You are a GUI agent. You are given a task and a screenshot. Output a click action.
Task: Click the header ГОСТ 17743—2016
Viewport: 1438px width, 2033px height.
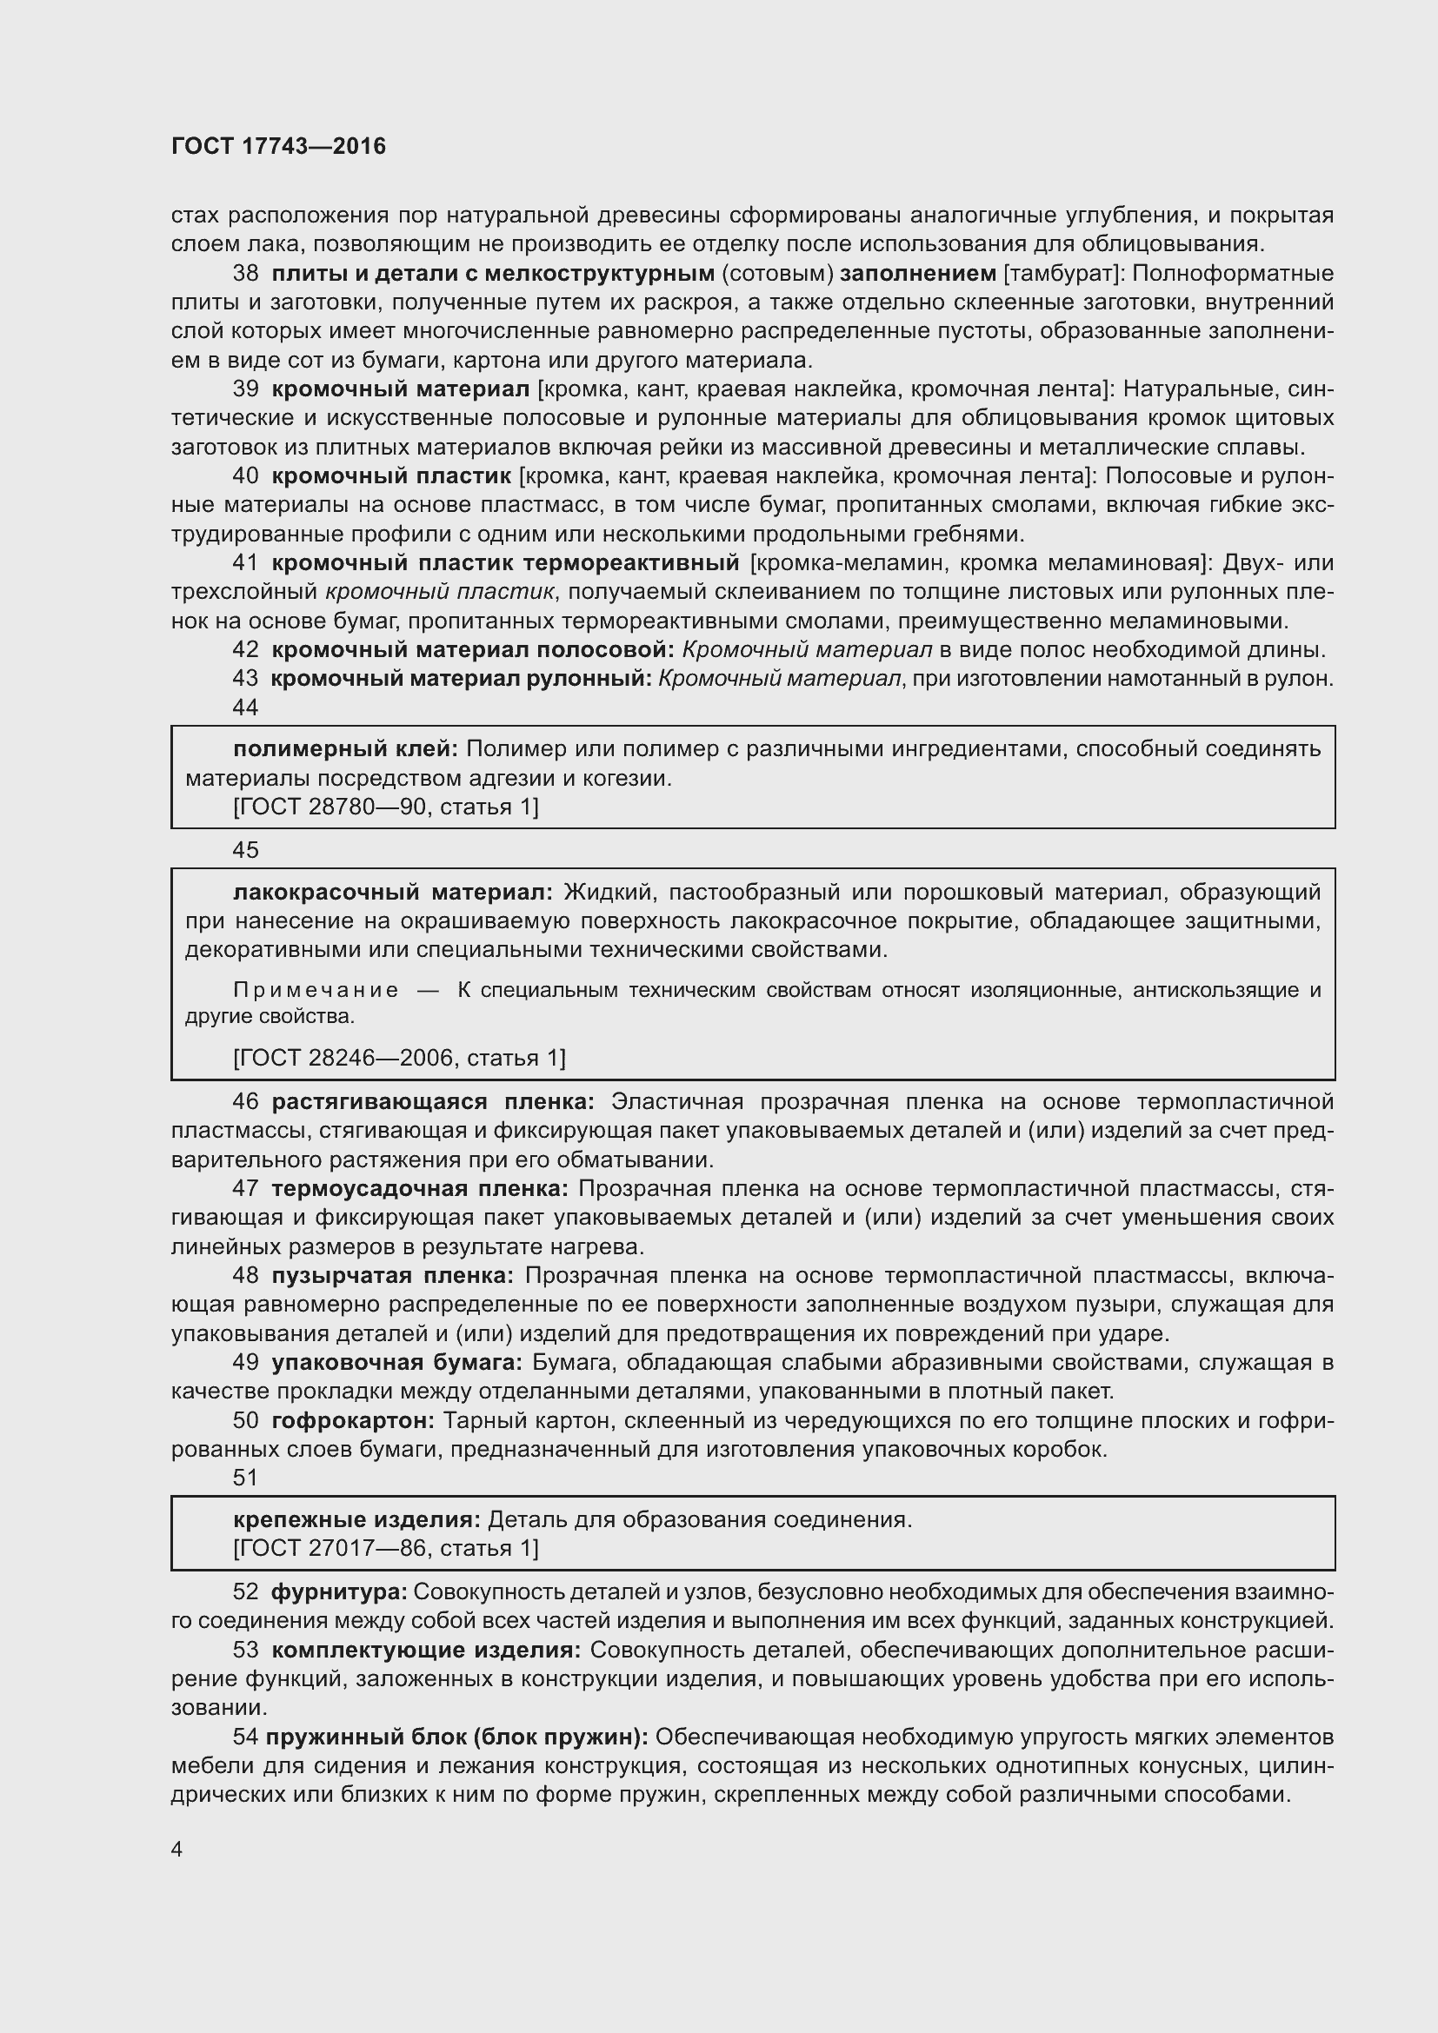(278, 146)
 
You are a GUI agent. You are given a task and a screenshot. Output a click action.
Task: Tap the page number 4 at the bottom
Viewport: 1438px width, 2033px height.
(177, 1849)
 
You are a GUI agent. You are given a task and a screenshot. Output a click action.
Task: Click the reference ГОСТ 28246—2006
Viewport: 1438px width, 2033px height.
(347, 1057)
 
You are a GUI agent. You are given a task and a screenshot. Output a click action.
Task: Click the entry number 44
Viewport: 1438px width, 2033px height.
(245, 708)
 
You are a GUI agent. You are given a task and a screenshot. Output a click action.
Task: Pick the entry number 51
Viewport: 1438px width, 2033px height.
(245, 1478)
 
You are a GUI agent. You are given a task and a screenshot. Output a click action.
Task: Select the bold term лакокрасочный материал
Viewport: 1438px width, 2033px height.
(392, 892)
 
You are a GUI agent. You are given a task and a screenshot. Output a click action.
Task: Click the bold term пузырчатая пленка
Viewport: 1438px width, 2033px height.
(392, 1275)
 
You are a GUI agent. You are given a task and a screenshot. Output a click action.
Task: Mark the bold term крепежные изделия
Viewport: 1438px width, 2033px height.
(356, 1519)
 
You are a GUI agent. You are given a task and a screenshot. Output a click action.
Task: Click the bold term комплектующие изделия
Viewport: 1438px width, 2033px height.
(426, 1650)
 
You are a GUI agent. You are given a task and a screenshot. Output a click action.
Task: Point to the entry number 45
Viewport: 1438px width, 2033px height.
(245, 850)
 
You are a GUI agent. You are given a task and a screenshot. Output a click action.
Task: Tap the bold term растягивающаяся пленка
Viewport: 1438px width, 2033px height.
(433, 1101)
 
